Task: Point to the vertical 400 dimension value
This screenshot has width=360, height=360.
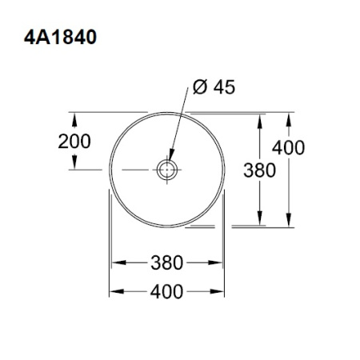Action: coord(288,148)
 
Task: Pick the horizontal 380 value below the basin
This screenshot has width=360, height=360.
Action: coord(166,262)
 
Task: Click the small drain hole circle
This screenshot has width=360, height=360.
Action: coord(167,170)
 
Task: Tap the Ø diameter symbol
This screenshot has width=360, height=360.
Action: coord(198,87)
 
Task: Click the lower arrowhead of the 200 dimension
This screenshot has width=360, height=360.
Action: coord(75,165)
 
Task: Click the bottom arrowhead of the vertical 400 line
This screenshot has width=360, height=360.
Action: coord(288,223)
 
